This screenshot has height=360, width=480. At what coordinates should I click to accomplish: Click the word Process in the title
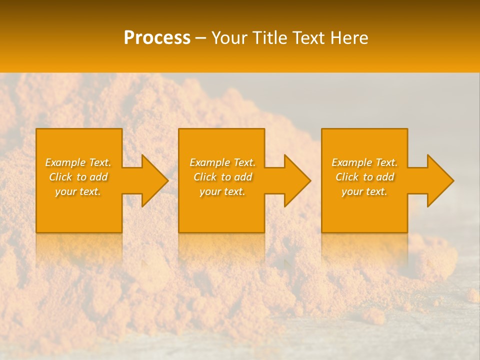(157, 38)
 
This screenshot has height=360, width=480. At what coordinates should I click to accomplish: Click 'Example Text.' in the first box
(78, 162)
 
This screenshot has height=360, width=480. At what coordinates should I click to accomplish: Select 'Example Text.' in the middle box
(222, 162)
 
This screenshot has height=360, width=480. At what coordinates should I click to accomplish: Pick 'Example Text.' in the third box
(364, 162)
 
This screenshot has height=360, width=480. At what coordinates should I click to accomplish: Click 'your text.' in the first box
(77, 191)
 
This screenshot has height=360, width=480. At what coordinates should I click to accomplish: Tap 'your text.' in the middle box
(222, 191)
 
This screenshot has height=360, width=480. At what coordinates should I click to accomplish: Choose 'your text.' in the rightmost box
(364, 191)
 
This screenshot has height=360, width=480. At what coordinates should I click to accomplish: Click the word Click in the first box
(60, 177)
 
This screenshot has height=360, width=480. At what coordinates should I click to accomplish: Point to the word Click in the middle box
(205, 177)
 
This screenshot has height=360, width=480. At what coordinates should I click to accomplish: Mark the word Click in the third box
(347, 177)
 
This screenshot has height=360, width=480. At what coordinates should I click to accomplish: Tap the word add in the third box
(385, 177)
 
